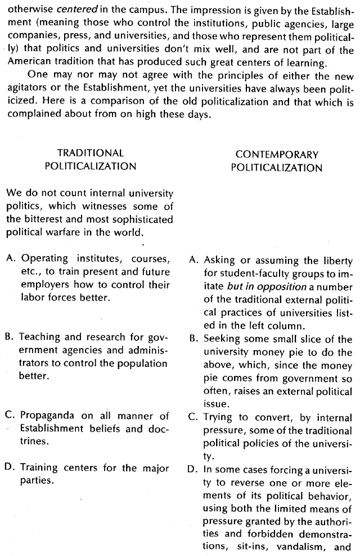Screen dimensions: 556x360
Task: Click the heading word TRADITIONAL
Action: [90, 153]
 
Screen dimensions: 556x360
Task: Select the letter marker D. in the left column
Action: [10, 467]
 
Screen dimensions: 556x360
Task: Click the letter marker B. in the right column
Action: [193, 339]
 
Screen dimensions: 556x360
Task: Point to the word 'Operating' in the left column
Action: [46, 259]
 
